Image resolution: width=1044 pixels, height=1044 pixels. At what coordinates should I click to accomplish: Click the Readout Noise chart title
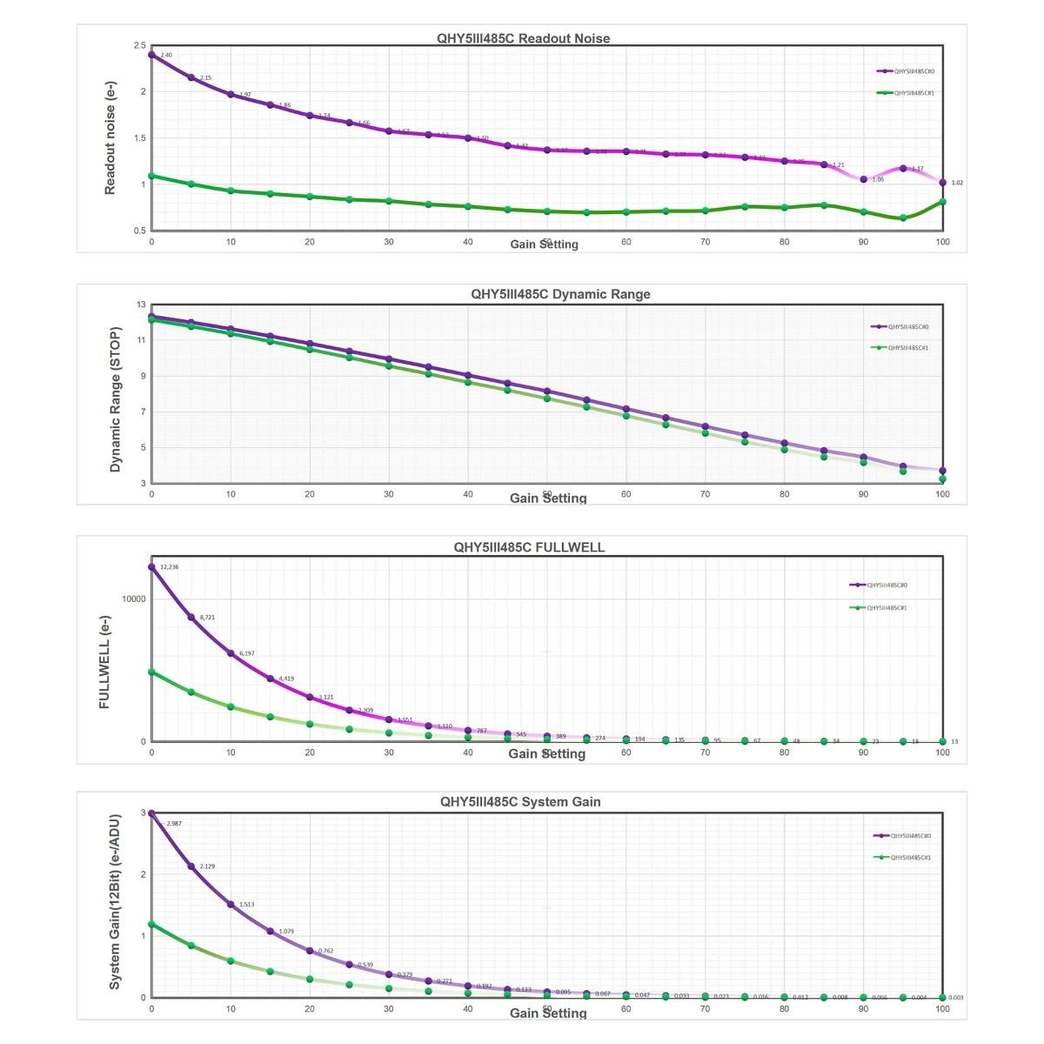[523, 38]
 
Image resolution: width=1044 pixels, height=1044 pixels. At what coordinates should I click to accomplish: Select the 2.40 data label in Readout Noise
[166, 56]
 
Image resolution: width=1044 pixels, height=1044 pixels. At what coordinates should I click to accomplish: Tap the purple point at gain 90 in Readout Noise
[864, 179]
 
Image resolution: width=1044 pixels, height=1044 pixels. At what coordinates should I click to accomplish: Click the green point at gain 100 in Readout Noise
[943, 202]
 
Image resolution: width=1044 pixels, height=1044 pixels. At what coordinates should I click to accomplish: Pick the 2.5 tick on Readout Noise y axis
[140, 45]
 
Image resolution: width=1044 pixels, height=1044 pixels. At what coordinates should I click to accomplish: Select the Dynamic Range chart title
[560, 294]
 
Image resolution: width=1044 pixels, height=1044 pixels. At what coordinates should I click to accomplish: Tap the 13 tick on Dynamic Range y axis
[141, 304]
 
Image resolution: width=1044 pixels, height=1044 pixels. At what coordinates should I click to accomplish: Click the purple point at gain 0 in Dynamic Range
[151, 317]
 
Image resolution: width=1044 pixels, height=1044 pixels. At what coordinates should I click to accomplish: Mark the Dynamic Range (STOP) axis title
[115, 400]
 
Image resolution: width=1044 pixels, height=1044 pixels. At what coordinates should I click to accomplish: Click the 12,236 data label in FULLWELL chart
[169, 567]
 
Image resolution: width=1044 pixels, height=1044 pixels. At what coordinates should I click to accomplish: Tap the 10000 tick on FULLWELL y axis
[133, 599]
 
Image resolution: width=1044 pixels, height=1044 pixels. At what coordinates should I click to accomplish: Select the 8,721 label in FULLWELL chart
[207, 618]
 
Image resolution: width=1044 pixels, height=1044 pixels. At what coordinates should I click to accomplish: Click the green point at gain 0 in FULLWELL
[151, 672]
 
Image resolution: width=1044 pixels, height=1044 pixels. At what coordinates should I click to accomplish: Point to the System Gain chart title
[520, 801]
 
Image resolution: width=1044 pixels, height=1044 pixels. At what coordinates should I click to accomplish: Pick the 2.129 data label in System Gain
[208, 867]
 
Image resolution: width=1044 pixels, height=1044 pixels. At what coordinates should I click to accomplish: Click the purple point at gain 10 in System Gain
[231, 905]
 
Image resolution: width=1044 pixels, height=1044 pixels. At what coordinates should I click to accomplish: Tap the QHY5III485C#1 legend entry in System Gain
[910, 858]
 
